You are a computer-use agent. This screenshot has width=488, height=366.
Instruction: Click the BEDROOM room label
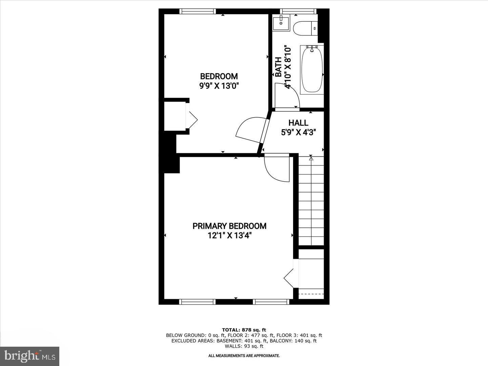219,76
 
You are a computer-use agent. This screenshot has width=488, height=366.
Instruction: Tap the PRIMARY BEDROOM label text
229,226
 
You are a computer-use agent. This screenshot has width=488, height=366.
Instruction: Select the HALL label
298,123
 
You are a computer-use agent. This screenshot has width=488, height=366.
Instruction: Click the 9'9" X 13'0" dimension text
219,86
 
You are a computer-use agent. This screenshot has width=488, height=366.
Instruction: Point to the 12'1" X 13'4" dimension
229,235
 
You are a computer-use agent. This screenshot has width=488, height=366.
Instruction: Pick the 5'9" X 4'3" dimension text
298,133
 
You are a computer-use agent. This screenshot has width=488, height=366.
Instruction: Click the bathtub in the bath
312,69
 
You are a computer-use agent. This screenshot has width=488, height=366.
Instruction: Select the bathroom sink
281,23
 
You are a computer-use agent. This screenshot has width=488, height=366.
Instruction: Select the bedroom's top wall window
198,11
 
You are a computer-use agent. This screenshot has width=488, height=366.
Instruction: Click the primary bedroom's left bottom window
197,302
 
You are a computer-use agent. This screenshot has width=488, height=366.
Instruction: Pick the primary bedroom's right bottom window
271,302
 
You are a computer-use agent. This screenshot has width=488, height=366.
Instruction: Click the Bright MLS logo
29,356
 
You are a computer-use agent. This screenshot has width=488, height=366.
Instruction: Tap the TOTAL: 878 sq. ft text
244,330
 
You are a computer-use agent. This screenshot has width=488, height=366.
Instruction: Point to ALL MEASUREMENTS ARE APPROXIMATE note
244,356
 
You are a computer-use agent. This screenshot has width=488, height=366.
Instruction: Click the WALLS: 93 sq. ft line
244,346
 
